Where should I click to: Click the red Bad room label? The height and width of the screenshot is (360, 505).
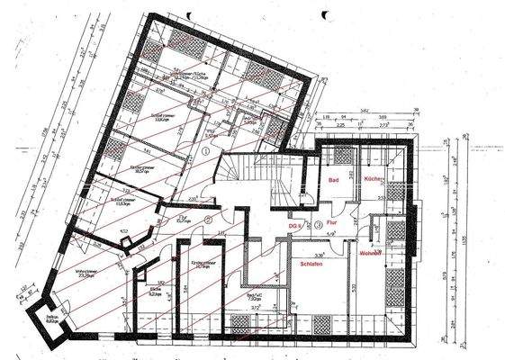[332, 181]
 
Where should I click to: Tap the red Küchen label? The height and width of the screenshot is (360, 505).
[374, 181]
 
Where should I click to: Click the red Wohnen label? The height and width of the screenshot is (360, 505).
[371, 253]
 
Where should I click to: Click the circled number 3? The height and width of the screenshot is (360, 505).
[318, 224]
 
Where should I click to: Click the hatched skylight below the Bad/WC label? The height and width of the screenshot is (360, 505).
[240, 322]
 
